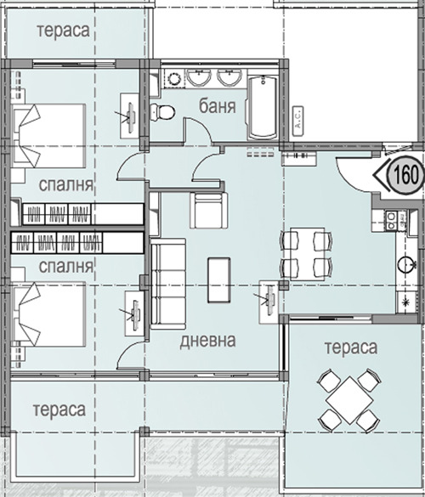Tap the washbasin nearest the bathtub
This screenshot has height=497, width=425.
(x=228, y=78)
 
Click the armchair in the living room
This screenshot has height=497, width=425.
(x=209, y=210)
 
